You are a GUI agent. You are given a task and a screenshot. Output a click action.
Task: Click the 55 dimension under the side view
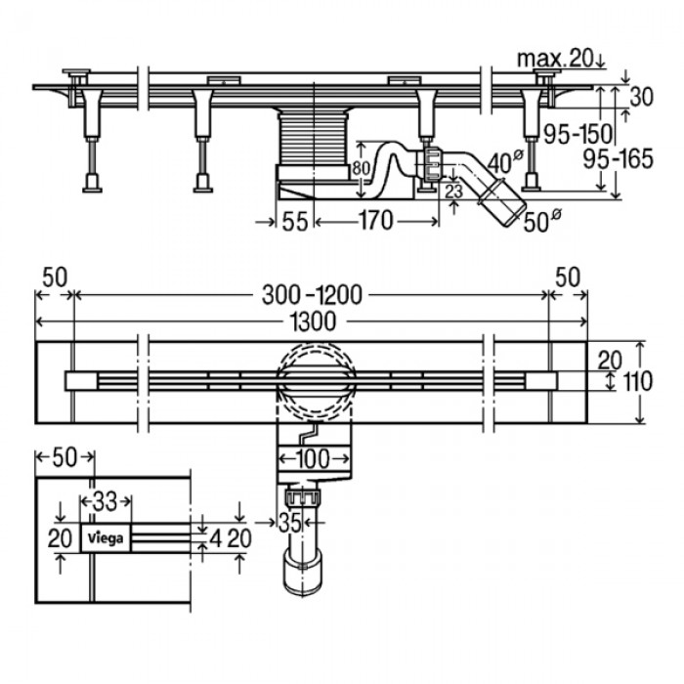(x=294, y=222)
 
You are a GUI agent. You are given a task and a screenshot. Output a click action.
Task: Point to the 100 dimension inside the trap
(x=312, y=457)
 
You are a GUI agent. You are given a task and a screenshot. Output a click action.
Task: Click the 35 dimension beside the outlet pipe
(x=288, y=523)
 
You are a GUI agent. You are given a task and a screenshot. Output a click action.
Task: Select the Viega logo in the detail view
(x=107, y=537)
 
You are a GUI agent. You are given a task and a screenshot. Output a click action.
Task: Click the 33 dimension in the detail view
(x=106, y=502)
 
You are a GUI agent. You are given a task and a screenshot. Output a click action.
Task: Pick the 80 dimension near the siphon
(x=361, y=167)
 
